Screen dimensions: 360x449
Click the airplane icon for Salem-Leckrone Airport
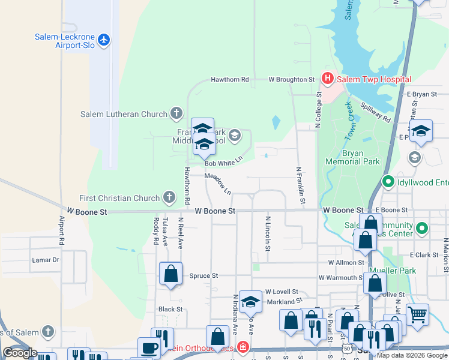(105, 40)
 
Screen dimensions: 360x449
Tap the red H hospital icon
(327, 79)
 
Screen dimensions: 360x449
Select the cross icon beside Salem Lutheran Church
(176, 113)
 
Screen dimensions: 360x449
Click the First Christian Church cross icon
(169, 197)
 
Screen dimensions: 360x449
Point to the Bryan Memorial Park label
(352, 157)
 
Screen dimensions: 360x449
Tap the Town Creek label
(352, 122)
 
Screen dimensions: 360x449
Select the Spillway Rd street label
(376, 113)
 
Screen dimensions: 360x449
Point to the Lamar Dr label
(46, 260)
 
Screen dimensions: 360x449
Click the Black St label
(170, 309)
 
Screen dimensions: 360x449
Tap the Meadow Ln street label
(218, 183)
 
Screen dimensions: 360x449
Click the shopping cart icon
(417, 314)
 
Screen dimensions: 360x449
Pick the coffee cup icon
(149, 347)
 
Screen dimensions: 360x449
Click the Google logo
(20, 353)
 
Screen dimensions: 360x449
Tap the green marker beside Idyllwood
(388, 181)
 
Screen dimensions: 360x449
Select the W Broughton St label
(291, 79)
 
